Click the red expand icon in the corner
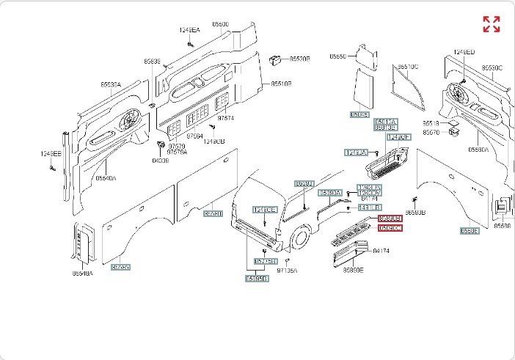[x=491, y=24]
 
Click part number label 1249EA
[x=190, y=30]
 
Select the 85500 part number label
[x=220, y=24]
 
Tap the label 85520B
[x=299, y=58]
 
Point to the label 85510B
[x=282, y=84]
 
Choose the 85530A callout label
[x=111, y=85]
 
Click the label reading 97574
[x=226, y=118]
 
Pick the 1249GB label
[x=213, y=142]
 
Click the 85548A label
[x=82, y=273]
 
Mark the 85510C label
[x=408, y=67]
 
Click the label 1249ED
[x=464, y=52]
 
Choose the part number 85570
[x=432, y=133]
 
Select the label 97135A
[x=288, y=271]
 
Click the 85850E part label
[x=351, y=270]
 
